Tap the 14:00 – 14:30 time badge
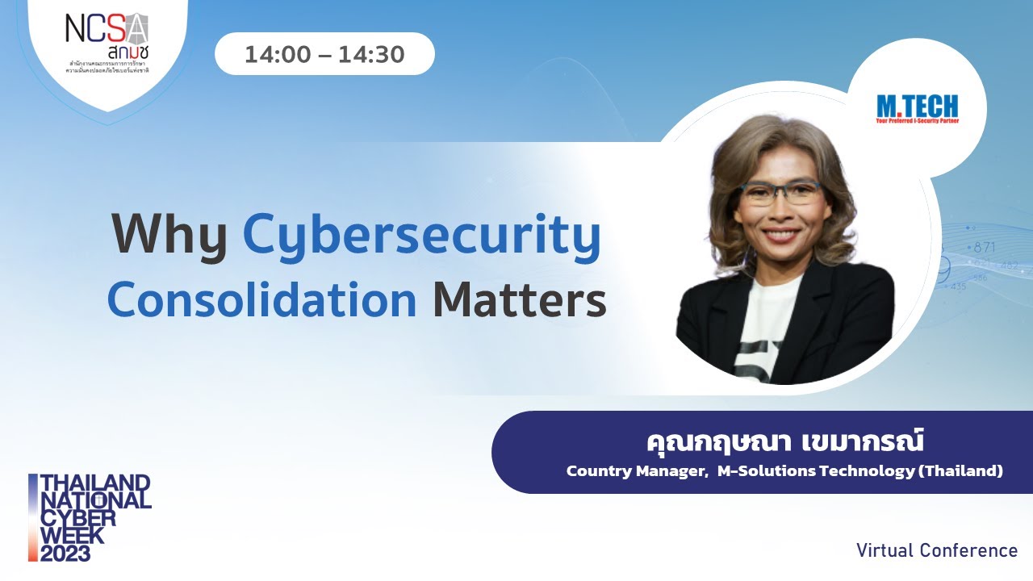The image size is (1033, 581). (x=324, y=55)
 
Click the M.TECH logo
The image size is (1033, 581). (x=918, y=106)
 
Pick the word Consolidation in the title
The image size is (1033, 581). (x=262, y=299)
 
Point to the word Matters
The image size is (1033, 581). (x=519, y=299)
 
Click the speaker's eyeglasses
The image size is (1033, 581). (x=780, y=192)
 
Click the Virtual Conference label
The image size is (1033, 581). (x=937, y=550)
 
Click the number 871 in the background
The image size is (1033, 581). (x=984, y=248)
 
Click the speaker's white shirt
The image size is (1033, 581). (x=767, y=339)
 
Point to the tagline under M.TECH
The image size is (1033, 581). (x=918, y=121)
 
